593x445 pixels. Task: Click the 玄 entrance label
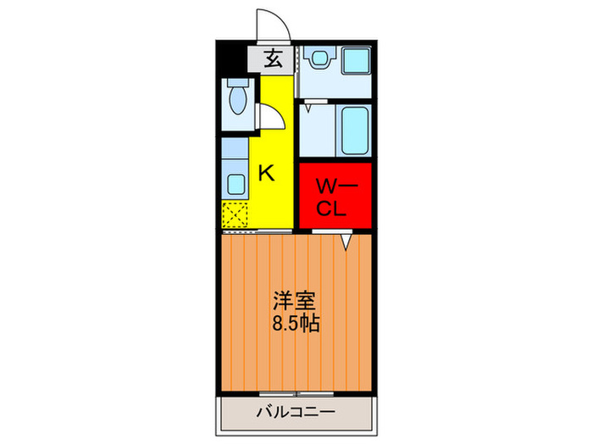273,59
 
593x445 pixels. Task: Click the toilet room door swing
269,116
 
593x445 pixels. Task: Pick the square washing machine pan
355,61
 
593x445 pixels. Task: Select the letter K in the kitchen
265,173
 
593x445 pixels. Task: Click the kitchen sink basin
236,181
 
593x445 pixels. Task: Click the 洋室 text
296,301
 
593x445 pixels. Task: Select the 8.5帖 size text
296,323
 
